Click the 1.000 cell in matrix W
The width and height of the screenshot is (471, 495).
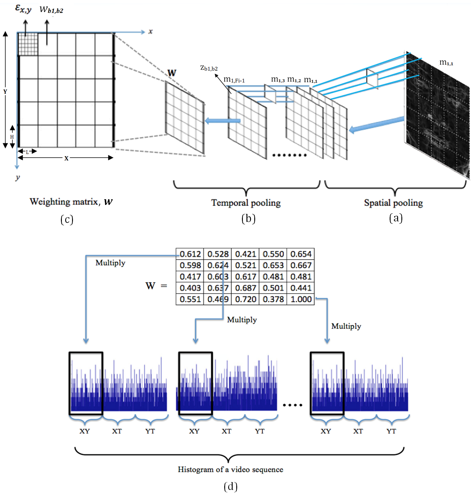tap(301, 299)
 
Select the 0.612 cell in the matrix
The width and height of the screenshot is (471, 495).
tap(190, 254)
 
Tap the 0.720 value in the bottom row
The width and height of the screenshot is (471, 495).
tap(246, 299)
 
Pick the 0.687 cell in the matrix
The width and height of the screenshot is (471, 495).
tap(246, 288)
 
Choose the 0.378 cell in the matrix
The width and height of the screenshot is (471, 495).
tap(273, 299)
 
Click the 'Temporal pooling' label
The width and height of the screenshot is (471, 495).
tap(246, 203)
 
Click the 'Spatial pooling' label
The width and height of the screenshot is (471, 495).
tap(393, 203)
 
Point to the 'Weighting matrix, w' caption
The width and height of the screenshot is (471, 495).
tap(71, 202)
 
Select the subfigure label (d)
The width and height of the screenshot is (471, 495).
tap(231, 486)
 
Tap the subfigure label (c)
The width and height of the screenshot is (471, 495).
tap(67, 219)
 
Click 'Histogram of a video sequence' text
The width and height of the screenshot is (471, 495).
tap(230, 469)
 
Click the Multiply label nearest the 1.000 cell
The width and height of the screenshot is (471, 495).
tap(346, 326)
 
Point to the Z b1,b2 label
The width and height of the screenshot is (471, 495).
tap(209, 68)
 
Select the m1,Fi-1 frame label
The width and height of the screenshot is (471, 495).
tap(234, 80)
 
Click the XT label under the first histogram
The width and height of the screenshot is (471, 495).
tap(117, 431)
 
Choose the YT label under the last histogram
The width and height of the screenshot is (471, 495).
tap(391, 431)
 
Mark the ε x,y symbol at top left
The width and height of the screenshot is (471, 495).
tap(23, 9)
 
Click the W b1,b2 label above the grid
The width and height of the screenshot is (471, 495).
tap(51, 10)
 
